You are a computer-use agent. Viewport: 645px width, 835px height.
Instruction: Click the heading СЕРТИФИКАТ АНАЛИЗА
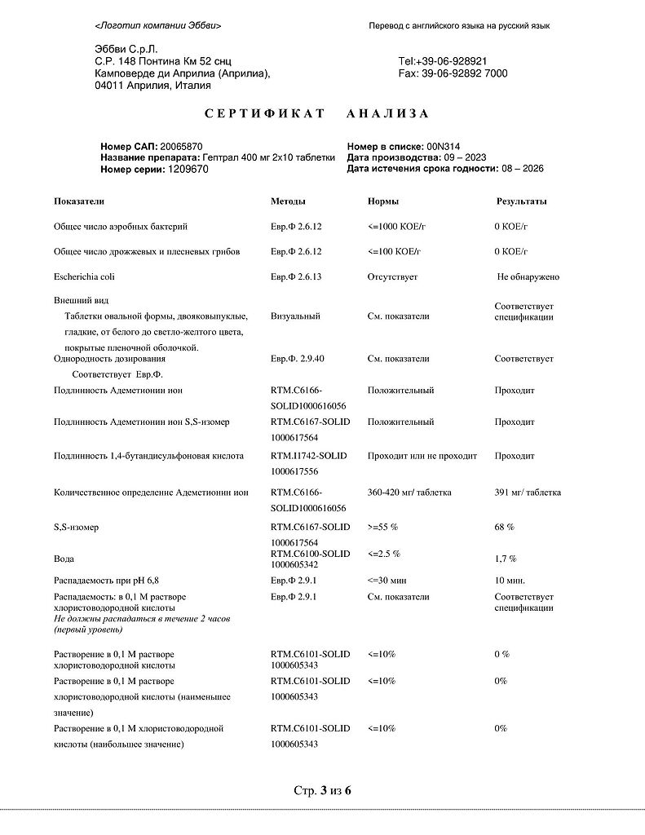click(x=316, y=113)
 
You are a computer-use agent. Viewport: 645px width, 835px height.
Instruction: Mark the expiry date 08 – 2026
click(x=523, y=169)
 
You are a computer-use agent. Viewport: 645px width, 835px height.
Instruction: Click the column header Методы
click(x=288, y=201)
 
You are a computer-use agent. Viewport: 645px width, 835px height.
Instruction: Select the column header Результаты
click(x=522, y=201)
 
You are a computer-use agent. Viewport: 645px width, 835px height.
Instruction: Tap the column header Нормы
click(x=382, y=201)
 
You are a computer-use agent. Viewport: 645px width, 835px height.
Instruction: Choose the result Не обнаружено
click(x=528, y=277)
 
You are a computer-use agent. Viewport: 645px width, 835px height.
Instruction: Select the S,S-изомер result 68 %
click(x=504, y=528)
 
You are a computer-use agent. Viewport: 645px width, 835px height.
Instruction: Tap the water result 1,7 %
click(x=506, y=559)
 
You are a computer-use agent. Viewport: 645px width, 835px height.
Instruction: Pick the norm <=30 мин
click(x=387, y=581)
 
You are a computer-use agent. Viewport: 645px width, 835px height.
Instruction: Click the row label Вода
click(x=64, y=559)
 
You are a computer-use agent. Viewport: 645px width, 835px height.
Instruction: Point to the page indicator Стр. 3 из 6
click(x=322, y=790)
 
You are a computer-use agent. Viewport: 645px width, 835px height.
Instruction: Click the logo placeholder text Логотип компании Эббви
click(x=157, y=26)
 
